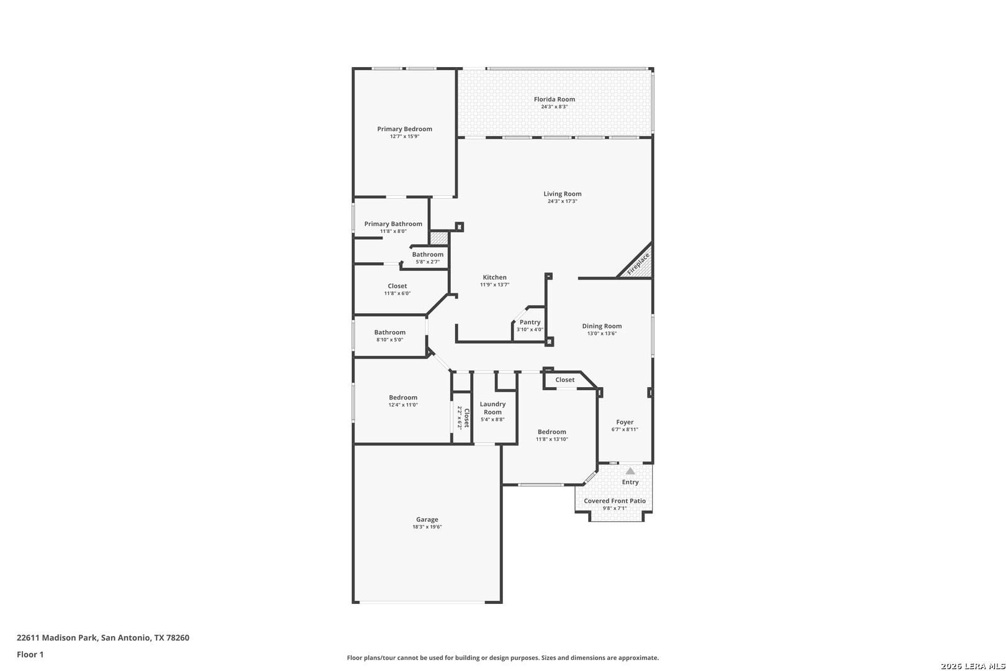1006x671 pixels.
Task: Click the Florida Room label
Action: [x=554, y=99]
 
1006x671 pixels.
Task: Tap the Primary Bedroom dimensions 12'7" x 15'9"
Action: [x=405, y=137]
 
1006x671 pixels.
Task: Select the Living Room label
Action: [x=562, y=194]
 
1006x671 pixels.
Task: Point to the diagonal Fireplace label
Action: [x=638, y=264]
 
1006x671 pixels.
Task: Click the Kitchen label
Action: [x=494, y=277]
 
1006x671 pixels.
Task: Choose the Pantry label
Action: [x=530, y=322]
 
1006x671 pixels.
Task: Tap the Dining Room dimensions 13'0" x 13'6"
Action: [x=602, y=334]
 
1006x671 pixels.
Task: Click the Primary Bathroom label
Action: [x=393, y=224]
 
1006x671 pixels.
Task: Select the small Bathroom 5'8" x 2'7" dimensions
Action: [x=427, y=262]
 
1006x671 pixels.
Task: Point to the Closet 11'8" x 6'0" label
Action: [x=397, y=286]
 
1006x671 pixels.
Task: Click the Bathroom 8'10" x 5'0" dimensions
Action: [x=390, y=340]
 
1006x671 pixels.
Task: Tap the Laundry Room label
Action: [x=492, y=408]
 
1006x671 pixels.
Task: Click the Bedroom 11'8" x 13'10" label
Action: [x=552, y=432]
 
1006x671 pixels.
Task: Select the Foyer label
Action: [x=625, y=422]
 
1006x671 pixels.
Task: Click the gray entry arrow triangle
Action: [x=630, y=471]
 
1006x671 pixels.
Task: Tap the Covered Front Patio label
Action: [x=615, y=501]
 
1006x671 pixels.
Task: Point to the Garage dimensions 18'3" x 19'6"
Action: [x=427, y=527]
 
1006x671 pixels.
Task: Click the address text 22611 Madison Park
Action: [x=58, y=637]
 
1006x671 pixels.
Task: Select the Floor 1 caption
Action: [x=30, y=654]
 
